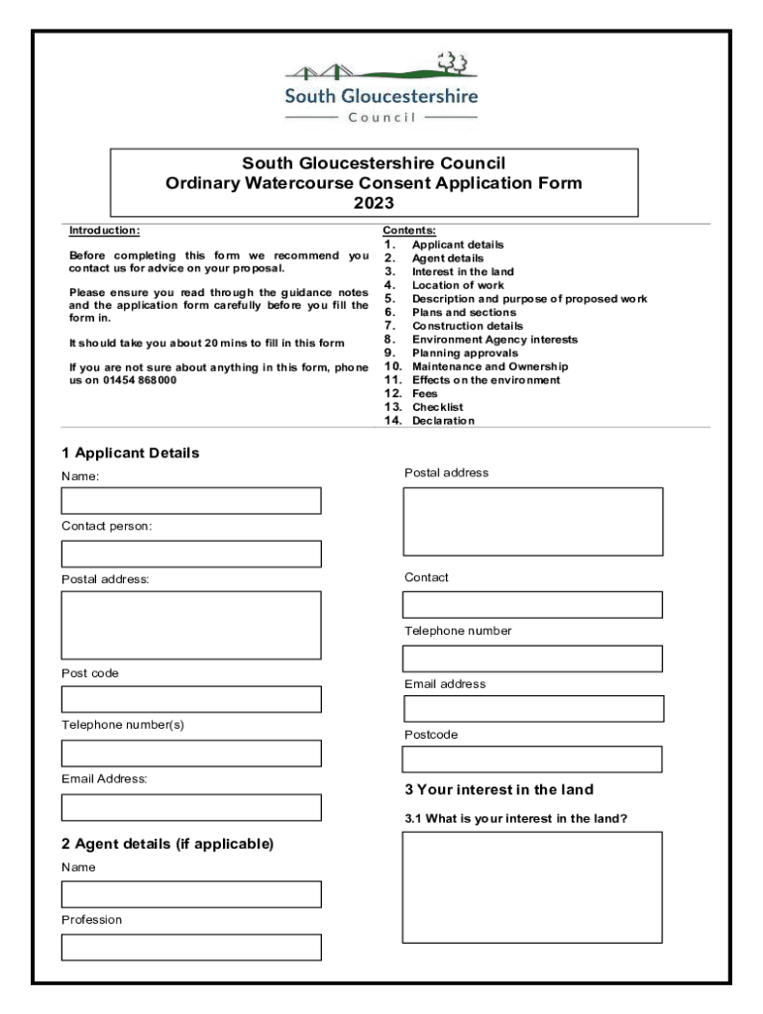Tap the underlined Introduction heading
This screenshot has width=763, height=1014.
click(x=104, y=231)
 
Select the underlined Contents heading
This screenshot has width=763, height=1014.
click(x=408, y=231)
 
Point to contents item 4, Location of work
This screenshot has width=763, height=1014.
click(x=457, y=285)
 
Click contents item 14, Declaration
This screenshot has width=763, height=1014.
click(x=442, y=421)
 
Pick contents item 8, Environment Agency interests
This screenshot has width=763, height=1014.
click(x=493, y=340)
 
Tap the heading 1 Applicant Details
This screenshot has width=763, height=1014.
click(x=130, y=454)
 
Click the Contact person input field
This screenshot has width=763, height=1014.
click(x=191, y=554)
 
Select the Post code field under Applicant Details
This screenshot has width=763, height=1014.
click(x=191, y=699)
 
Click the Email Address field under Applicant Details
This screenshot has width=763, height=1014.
click(x=191, y=807)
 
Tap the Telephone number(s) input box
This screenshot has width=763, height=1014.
click(x=191, y=753)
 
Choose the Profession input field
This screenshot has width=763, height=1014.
click(x=191, y=947)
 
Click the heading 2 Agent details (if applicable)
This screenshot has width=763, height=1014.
click(x=167, y=844)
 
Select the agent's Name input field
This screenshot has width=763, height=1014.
click(x=191, y=894)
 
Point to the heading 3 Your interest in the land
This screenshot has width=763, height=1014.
click(x=498, y=789)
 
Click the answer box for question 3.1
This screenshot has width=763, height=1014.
click(x=532, y=887)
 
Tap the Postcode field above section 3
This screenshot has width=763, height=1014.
click(x=532, y=760)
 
